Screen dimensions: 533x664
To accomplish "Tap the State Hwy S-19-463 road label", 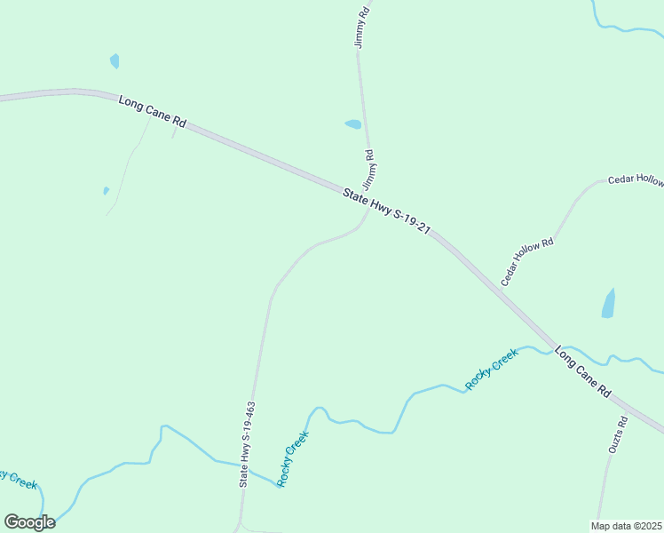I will pos(248,444).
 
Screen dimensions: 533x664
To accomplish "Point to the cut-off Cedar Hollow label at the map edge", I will pos(636,180).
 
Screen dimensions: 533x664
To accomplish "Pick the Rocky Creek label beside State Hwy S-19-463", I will pos(293,458).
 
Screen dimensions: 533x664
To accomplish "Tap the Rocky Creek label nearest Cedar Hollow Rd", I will pos(492,370).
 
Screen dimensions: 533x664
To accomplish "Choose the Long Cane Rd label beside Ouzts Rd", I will pos(583,371).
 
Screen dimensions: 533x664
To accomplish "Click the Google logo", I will pos(29,522).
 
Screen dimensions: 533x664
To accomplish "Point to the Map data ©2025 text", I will pos(627,525).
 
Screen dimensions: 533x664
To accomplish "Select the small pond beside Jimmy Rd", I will pos(353,124).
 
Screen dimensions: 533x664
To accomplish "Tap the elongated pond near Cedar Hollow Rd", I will pos(608,303).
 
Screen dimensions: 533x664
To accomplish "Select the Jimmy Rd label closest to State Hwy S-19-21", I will pos(368,167).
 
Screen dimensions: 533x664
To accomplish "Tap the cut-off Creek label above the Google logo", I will pos(18,480).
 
